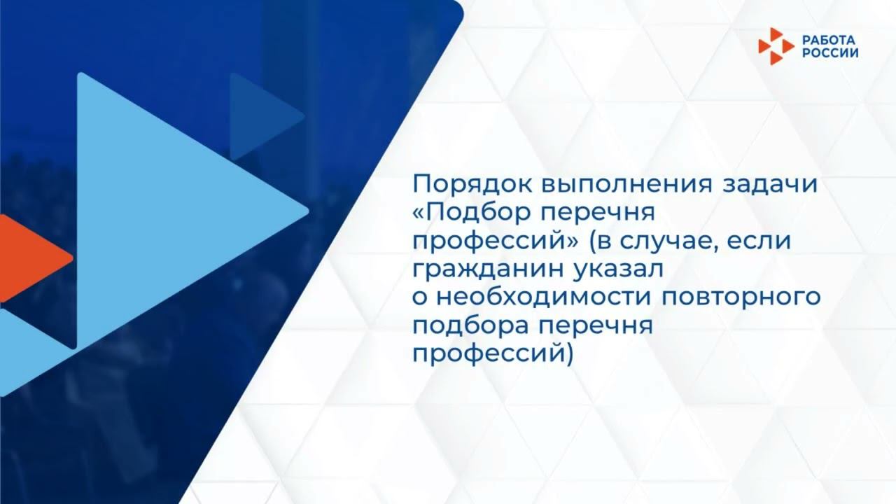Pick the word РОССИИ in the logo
click(830, 52)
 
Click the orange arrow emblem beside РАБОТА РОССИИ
click(776, 46)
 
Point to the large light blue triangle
click(175, 210)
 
